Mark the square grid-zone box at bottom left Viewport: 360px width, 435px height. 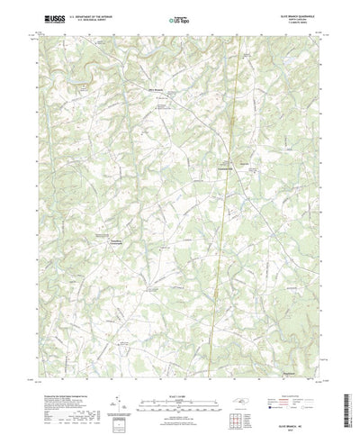pos(122,388)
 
